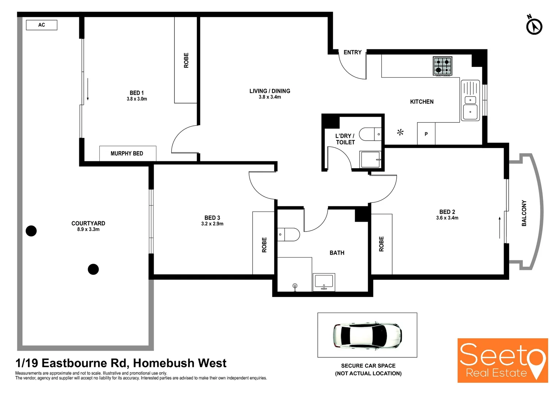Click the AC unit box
(42, 25)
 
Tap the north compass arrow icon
(534, 26)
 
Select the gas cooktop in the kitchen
(442, 66)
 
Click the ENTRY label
(352, 52)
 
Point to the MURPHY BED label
(127, 154)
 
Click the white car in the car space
(367, 335)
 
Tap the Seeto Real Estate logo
(502, 360)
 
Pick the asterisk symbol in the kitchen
(400, 132)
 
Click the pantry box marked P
(426, 134)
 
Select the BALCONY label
(524, 213)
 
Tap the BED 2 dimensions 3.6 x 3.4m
(447, 218)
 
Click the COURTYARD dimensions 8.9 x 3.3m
(88, 230)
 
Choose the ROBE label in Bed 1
(186, 60)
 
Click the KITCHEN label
(422, 102)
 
